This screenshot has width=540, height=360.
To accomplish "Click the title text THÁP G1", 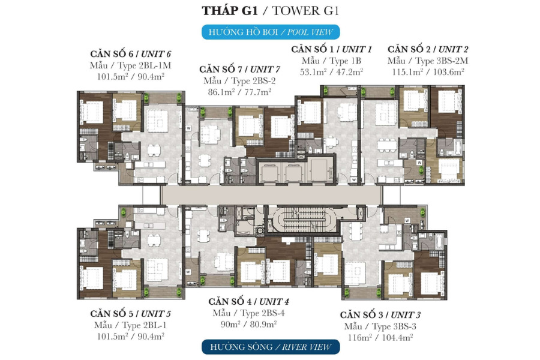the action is coord(230,11).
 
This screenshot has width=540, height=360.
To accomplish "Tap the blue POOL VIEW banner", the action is coord(271,32).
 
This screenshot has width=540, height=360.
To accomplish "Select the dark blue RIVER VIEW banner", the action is coord(271,347).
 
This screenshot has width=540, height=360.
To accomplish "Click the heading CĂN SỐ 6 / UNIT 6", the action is coord(131,54).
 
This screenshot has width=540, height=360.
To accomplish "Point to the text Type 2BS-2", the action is coord(253,81).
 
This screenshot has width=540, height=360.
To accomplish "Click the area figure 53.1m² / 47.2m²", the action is coord(331,72).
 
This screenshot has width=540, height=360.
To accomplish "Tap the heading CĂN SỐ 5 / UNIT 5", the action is coord(131,314).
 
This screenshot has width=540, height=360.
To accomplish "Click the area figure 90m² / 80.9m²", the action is coord(248,324).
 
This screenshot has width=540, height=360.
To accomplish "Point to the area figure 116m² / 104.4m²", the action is coord(380,338).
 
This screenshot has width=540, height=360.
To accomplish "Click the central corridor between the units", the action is coord(271,196).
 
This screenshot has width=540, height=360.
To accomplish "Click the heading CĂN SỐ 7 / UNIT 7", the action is coord(239,69).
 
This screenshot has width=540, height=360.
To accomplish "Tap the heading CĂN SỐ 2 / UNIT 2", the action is coord(428,49).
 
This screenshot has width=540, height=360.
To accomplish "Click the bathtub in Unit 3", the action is coord(439,241).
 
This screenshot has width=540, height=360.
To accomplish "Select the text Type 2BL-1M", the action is coord(144,65).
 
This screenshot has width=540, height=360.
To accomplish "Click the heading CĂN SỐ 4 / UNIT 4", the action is coord(248,302).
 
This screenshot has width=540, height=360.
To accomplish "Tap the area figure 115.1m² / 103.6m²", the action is coord(428,72).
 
